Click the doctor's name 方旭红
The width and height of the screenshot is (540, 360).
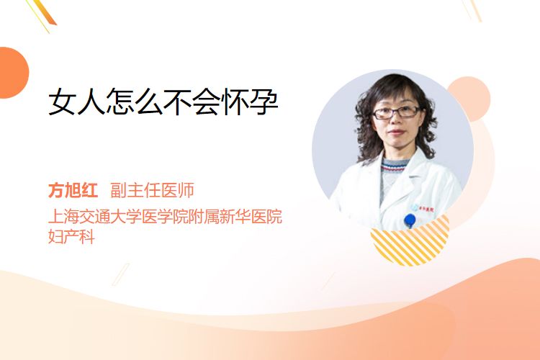tap(73, 190)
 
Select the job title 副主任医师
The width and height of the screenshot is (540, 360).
tap(152, 190)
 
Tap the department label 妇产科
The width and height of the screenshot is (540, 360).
tap(71, 237)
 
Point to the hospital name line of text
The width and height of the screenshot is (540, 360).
tap(166, 216)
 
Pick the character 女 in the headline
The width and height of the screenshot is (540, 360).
tap(63, 102)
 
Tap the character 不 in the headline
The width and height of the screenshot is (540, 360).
tap(177, 102)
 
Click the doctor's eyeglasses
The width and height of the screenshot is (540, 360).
tap(396, 112)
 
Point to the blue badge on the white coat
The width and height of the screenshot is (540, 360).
tap(410, 220)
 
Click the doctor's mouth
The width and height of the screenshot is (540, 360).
tap(396, 132)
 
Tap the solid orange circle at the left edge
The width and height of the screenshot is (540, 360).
tap(13, 73)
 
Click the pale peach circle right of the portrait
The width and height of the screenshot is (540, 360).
tap(469, 99)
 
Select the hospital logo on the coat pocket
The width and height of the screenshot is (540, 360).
tap(422, 208)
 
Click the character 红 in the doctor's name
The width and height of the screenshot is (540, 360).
tap(90, 190)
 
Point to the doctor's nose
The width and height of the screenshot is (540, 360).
tap(396, 121)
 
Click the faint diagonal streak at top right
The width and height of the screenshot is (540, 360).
tap(472, 10)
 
